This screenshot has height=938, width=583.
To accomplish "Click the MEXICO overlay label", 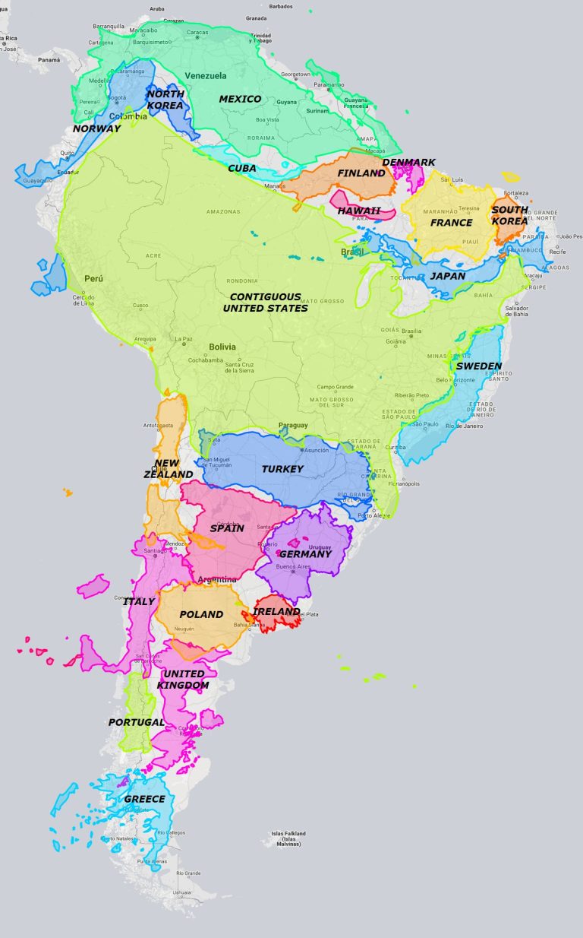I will tap(240, 100).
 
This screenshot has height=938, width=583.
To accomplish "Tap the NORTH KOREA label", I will tap(165, 100).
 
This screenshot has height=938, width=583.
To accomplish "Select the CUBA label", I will tap(242, 168).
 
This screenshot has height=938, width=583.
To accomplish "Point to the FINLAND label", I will tap(361, 173).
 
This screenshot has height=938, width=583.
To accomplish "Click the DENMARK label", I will tap(408, 163).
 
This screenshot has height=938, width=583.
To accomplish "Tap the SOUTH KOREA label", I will tap(509, 215).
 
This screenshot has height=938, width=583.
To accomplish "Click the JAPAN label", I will tap(448, 276).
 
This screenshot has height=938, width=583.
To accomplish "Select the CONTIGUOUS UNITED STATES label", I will tap(266, 303).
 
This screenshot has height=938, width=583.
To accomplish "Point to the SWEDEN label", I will tap(478, 366).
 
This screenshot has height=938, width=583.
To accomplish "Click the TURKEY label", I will tap(282, 469).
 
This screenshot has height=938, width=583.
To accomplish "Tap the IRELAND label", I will tap(276, 611).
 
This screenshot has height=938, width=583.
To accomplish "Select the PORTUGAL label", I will tap(137, 722).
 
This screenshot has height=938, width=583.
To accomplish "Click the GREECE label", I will tap(144, 799).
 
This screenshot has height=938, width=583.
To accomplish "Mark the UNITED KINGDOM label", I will tap(183, 680).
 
